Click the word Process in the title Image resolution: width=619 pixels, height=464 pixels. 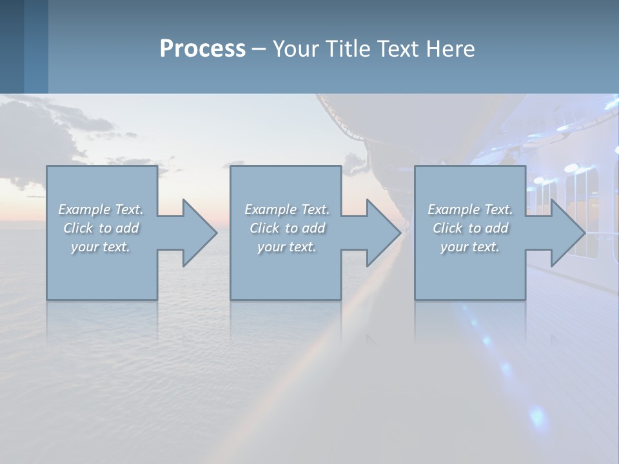pos(202,48)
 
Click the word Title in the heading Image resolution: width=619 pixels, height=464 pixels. pos(346,48)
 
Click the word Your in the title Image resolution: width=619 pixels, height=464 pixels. pos(296,48)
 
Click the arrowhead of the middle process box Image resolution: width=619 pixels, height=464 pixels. pos(382,233)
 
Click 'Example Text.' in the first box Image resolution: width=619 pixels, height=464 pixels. pos(101,209)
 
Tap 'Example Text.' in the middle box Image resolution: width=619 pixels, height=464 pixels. pos(287,209)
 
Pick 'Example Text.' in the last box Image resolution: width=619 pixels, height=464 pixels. pos(470,209)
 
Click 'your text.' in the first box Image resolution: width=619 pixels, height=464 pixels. pos(101,247)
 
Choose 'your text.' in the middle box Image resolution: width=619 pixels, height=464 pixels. pos(286,247)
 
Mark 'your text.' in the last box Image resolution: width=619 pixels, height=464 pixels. pos(469,247)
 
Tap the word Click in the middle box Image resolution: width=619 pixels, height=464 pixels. pos(264,228)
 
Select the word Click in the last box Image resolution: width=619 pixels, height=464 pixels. pos(447,228)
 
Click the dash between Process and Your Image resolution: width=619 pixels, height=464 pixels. pos(259,49)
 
